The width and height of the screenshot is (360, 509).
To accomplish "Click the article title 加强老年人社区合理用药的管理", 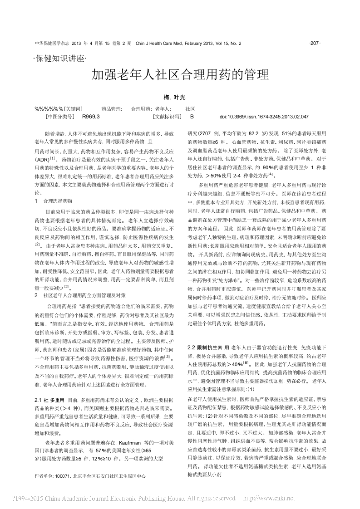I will [181, 75].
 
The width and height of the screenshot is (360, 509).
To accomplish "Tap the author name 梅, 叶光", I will [180, 97].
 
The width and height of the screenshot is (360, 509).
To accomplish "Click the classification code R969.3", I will [91, 117].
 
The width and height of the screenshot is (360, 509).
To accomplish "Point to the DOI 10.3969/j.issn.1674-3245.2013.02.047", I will [264, 117].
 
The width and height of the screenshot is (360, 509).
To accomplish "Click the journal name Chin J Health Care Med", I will [159, 44].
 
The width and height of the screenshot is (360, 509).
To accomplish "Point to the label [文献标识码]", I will [167, 117].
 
